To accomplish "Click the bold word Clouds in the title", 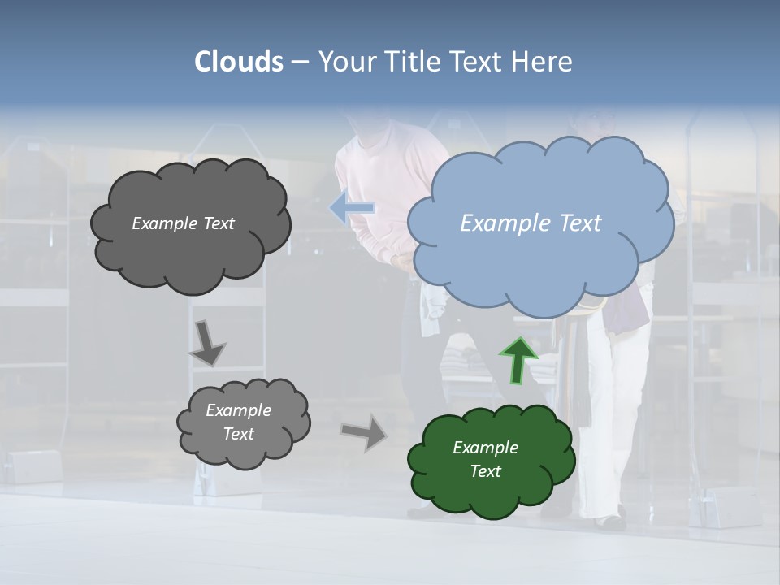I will pos(239,62).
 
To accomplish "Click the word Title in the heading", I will pos(414,62).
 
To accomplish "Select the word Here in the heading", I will pos(543,62).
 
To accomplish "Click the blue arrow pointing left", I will pos(352,208).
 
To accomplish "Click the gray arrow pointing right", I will pos(364,431).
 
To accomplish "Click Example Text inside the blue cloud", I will pos(531,223).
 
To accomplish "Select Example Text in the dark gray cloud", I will pos(183,223).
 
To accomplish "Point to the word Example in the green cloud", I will pos(485,448).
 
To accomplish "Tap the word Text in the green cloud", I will pos(485,471).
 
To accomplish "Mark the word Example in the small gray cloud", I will pos(238,410).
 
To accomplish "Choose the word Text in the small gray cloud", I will pos(238,434).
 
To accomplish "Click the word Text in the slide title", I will pos(477,62).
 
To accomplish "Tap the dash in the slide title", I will pos(300,63).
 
